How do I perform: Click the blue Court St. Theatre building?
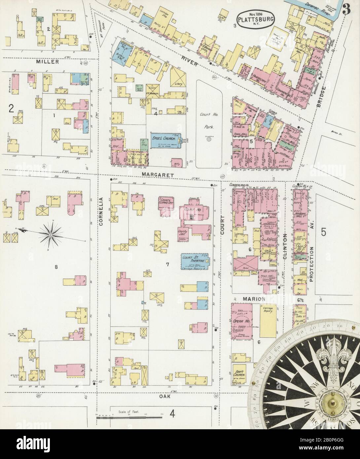tap(193, 262)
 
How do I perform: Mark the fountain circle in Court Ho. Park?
tap(208, 140)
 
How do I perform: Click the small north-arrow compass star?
tap(50, 234)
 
